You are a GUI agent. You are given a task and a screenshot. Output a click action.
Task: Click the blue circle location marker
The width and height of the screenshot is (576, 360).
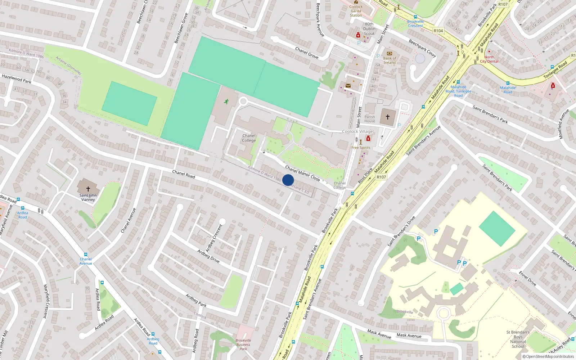point(288,180)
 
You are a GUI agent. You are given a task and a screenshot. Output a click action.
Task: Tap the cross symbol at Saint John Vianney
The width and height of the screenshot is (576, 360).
point(88,189)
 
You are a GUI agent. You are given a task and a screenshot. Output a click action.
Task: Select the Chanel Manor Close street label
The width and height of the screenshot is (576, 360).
point(302,173)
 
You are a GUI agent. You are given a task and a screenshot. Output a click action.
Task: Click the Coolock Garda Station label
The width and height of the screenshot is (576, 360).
point(356,11)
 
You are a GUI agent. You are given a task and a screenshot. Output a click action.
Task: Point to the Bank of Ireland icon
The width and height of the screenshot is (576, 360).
point(389,53)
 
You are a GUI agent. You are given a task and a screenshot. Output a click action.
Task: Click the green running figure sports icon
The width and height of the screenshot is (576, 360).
point(226,102)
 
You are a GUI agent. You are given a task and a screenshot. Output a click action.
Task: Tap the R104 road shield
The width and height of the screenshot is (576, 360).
point(438,31)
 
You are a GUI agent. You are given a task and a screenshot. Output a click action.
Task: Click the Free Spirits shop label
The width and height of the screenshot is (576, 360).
point(361,148)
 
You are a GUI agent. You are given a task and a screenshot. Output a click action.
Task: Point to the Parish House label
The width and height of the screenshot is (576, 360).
point(370,119)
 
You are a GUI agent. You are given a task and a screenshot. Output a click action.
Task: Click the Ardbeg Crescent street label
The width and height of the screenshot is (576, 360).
point(214,238)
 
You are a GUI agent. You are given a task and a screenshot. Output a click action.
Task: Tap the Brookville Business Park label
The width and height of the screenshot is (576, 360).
point(243,345)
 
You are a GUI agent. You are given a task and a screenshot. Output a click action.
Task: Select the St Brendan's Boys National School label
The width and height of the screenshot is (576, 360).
point(518,339)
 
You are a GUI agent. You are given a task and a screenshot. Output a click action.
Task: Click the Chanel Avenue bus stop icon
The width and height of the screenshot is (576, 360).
point(86,255)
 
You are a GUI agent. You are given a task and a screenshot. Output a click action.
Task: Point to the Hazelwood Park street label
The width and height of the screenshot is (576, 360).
point(17,79)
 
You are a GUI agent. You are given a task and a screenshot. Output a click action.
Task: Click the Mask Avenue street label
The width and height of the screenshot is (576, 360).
point(409,336)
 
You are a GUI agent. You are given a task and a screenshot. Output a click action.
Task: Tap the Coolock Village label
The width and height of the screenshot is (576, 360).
point(357,131)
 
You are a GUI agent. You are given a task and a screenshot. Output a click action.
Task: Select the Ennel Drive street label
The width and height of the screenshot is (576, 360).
point(527,279)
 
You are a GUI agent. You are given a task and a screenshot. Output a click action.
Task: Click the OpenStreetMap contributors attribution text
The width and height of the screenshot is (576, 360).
point(548,356)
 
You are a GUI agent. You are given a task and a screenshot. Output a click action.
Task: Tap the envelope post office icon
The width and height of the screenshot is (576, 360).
point(348,86)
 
